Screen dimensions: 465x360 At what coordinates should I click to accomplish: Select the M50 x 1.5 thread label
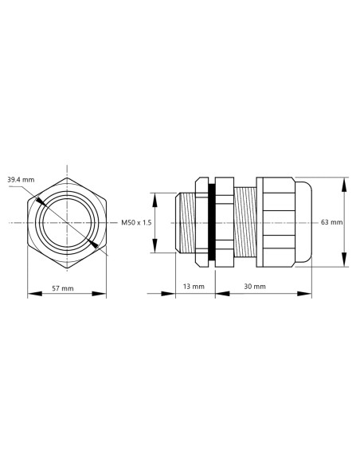136,223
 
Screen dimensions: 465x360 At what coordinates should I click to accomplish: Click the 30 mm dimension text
255,286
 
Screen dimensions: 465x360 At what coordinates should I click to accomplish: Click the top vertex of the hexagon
67,173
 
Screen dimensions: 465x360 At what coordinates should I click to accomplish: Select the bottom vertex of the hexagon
67,271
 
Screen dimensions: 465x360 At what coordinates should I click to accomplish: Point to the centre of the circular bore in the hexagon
67,222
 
